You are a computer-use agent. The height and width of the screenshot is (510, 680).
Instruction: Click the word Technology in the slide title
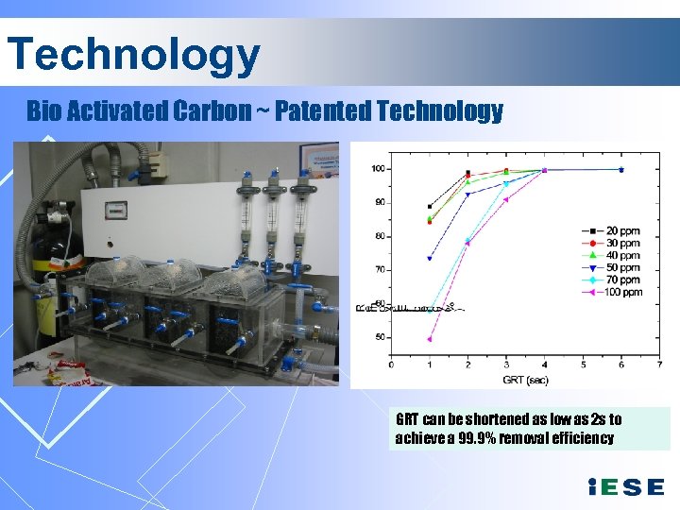[x=132, y=55]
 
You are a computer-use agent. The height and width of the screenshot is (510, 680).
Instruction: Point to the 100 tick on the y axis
[x=377, y=169]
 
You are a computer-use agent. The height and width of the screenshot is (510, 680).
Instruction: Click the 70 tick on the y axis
[x=379, y=270]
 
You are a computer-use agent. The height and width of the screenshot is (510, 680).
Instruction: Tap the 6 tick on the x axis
[x=620, y=364]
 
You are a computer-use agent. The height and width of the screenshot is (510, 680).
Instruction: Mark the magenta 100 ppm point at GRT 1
[x=430, y=339]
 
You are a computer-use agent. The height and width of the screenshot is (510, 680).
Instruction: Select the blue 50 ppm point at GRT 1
[x=430, y=258]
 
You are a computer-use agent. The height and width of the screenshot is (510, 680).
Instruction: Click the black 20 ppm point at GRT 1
[x=430, y=206]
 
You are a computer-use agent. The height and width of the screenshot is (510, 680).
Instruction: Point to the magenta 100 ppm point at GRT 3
[x=506, y=199]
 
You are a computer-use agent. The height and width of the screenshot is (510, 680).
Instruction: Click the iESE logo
[x=625, y=487]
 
